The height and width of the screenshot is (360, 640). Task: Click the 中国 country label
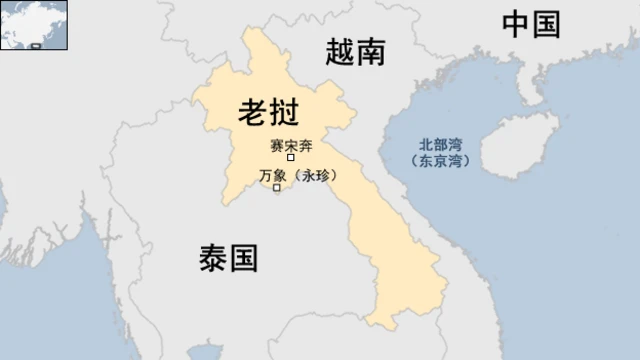530,24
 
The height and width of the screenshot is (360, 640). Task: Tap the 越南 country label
355,52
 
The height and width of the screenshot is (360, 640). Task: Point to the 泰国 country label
227,259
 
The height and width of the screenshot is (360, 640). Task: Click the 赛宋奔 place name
291,145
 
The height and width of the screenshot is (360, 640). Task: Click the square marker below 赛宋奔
291,158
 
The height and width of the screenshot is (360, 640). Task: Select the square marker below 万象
277,189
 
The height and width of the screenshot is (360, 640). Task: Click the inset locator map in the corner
34,24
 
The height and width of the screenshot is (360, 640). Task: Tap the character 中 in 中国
515,24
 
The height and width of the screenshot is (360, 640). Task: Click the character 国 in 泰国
243,259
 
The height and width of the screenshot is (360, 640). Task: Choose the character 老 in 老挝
253,112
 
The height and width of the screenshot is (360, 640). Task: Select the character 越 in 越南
340,52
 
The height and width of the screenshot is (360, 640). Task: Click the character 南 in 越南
371,52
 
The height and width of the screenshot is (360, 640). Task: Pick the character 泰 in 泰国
212,259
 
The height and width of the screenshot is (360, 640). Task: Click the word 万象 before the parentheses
272,175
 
